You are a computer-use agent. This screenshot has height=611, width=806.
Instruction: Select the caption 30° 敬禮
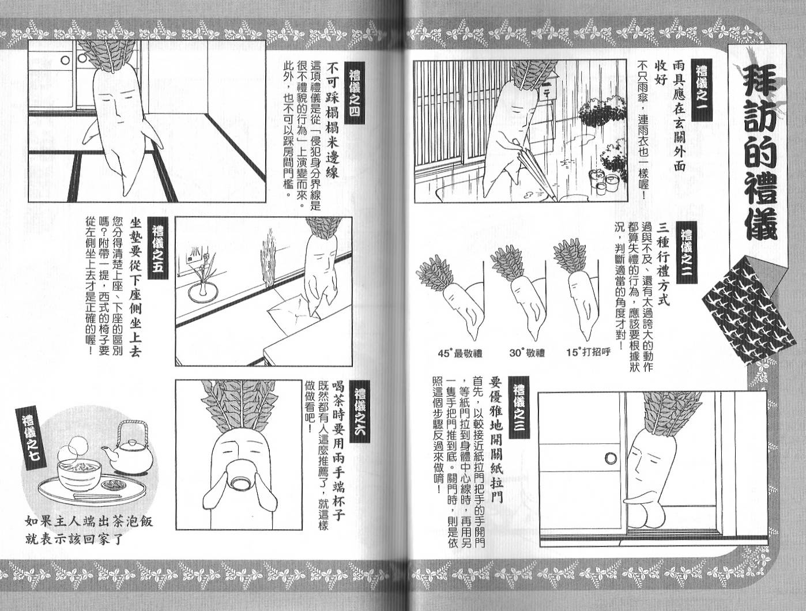pyautogui.click(x=527, y=353)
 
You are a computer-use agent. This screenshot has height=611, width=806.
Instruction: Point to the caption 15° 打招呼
pyautogui.click(x=588, y=352)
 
